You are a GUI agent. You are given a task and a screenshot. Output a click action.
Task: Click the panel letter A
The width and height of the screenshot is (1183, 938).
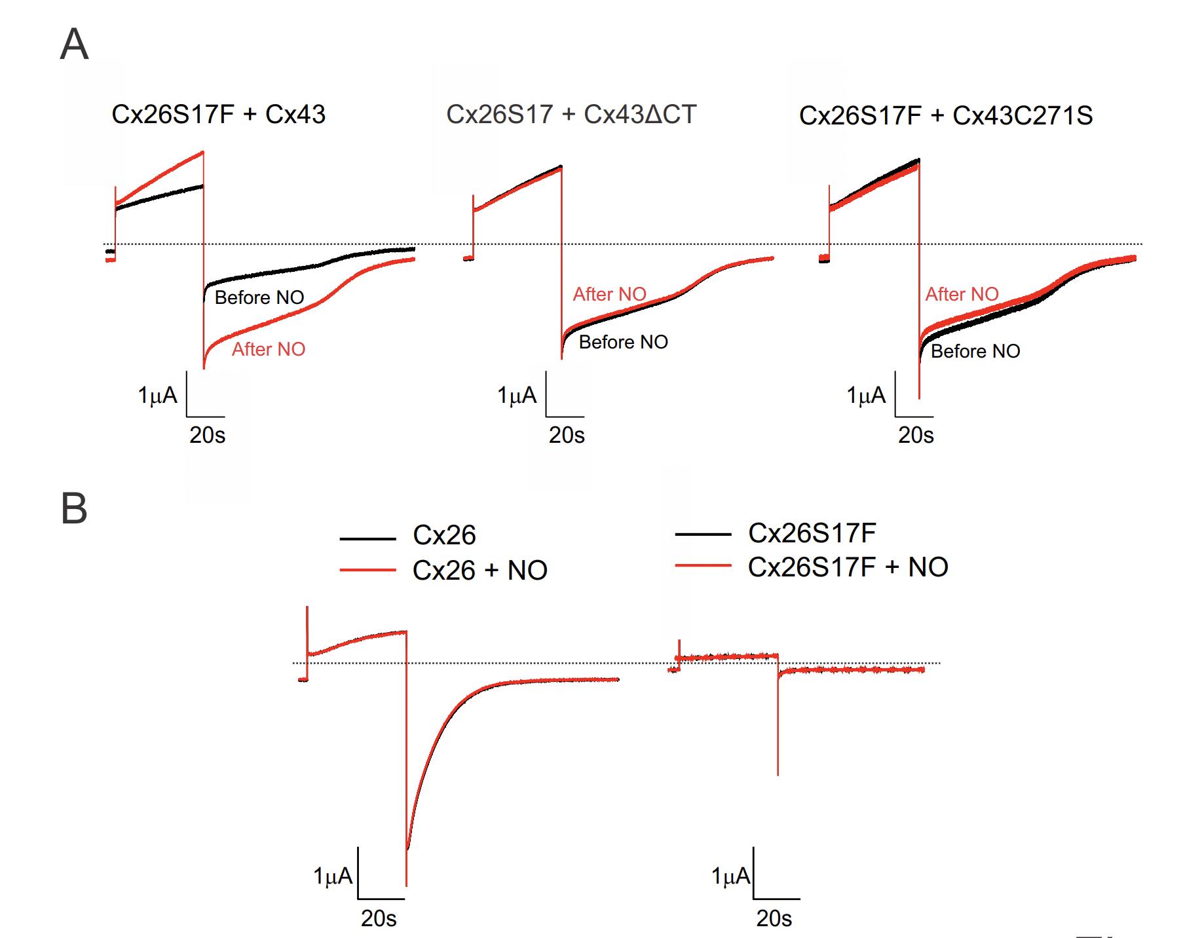pyautogui.click(x=74, y=45)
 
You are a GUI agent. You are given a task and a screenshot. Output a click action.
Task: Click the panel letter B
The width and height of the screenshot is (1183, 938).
pyautogui.click(x=74, y=509)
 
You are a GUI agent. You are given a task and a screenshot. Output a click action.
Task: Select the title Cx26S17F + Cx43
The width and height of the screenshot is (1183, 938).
pyautogui.click(x=218, y=115)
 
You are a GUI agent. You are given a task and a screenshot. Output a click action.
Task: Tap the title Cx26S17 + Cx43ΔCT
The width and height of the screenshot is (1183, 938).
pyautogui.click(x=571, y=115)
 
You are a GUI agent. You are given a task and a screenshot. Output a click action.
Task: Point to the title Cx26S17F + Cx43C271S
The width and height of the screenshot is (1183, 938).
pyautogui.click(x=946, y=116)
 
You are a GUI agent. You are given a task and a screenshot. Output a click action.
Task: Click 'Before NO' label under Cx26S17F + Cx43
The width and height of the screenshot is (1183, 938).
pyautogui.click(x=259, y=297)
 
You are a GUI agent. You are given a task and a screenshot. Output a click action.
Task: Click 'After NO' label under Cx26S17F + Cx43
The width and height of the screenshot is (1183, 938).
pyautogui.click(x=269, y=349)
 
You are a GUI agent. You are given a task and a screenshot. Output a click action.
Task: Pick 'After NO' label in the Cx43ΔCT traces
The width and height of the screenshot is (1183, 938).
pyautogui.click(x=609, y=295)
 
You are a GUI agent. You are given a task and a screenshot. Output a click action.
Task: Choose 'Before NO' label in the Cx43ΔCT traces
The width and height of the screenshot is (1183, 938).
pyautogui.click(x=623, y=342)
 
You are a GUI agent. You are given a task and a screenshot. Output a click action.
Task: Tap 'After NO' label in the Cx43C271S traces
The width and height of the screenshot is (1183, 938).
pyautogui.click(x=962, y=295)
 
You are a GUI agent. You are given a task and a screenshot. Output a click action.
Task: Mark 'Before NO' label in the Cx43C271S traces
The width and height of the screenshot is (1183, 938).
pyautogui.click(x=975, y=351)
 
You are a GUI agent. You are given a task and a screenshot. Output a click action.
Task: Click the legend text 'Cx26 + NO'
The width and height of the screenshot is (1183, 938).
pyautogui.click(x=479, y=571)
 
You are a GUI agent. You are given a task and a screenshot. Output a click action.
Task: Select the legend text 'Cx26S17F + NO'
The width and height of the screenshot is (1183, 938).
pyautogui.click(x=848, y=567)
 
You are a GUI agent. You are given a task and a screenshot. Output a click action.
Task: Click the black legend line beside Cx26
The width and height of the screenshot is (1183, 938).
pyautogui.click(x=367, y=538)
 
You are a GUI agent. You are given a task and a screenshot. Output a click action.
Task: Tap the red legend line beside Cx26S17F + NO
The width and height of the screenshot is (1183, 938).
pyautogui.click(x=703, y=565)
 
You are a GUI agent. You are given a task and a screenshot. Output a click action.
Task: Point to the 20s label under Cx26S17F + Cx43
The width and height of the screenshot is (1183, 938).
pyautogui.click(x=207, y=435)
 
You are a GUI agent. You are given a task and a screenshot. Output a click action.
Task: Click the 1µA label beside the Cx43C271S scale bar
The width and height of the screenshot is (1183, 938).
pyautogui.click(x=866, y=396)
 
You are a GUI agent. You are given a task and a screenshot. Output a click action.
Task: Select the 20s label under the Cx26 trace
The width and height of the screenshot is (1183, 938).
pyautogui.click(x=379, y=918)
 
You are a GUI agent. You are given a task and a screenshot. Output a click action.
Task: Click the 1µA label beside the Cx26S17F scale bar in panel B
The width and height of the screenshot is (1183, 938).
pyautogui.click(x=730, y=876)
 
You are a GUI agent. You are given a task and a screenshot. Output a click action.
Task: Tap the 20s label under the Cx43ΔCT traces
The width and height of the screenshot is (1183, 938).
pyautogui.click(x=567, y=435)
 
